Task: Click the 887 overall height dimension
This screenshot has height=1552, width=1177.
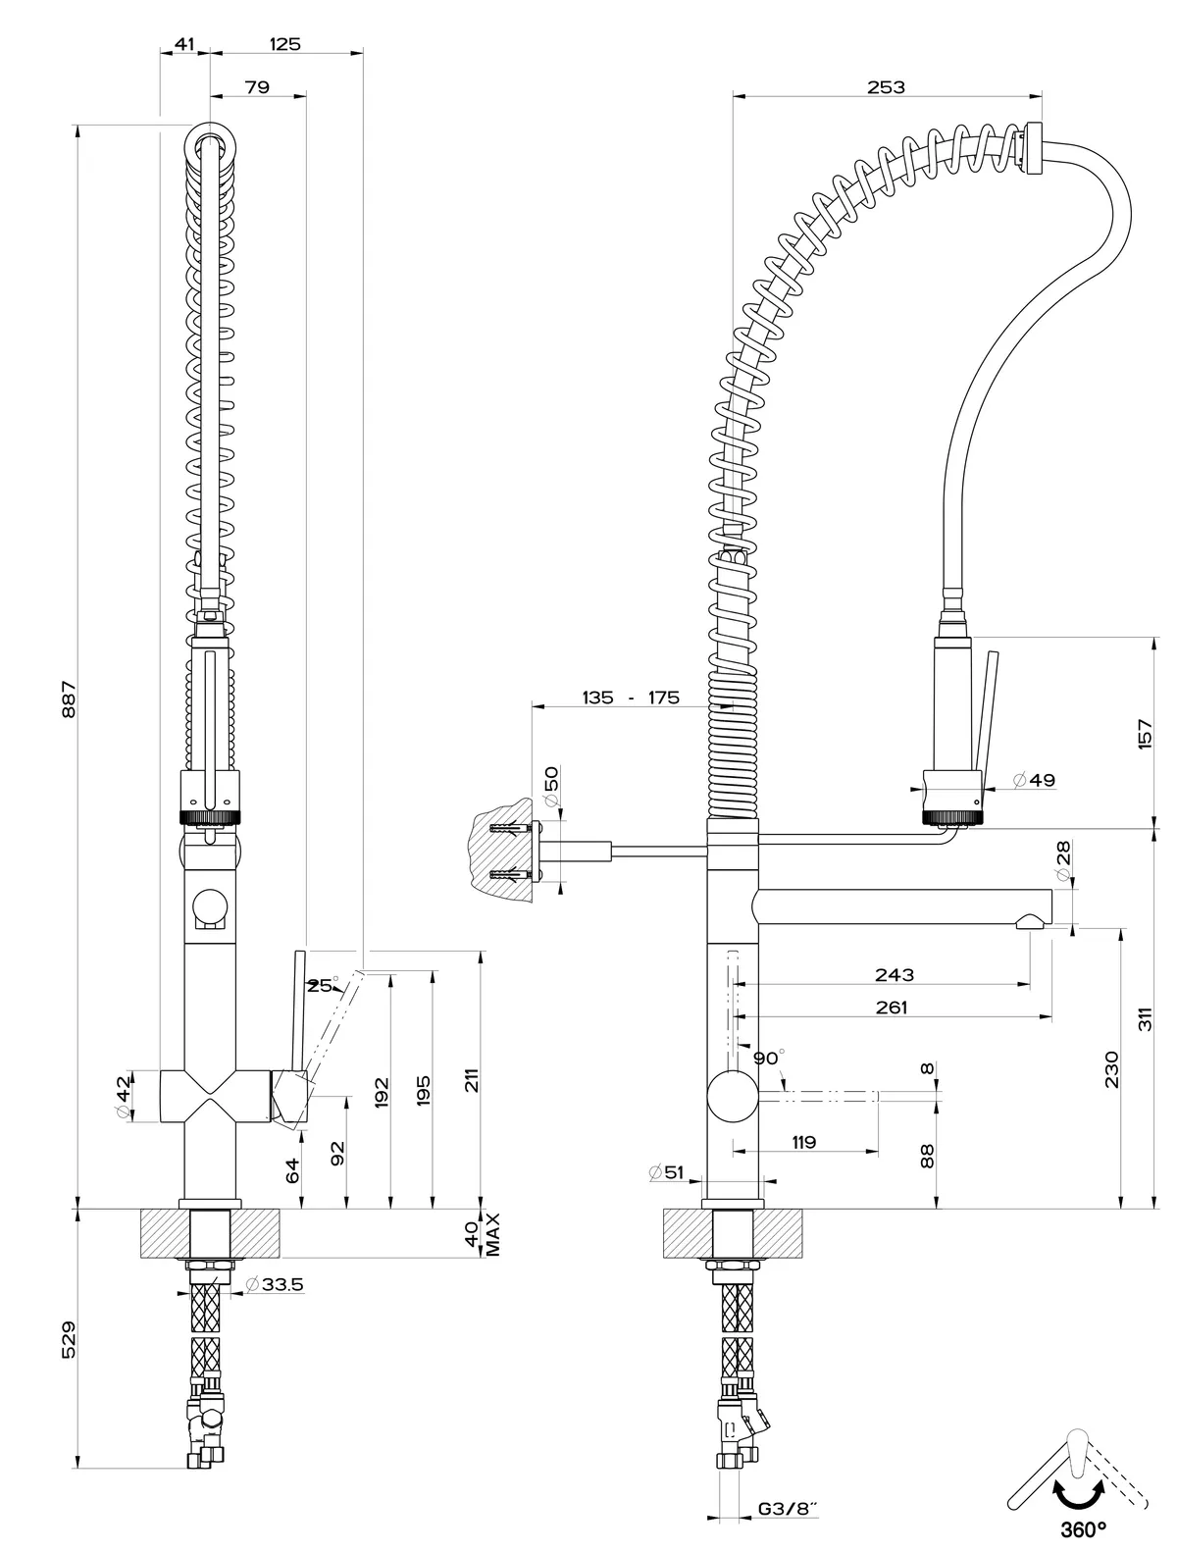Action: (x=68, y=698)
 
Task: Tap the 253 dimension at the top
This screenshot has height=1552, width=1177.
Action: (x=886, y=87)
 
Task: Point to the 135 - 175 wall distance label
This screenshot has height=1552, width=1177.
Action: (x=631, y=698)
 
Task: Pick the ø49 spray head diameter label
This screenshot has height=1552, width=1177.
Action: (x=1034, y=780)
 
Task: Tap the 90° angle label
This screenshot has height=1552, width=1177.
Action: (x=769, y=1059)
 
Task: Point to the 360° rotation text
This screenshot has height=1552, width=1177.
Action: (x=1083, y=1527)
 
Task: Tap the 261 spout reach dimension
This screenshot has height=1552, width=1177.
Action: (x=892, y=1007)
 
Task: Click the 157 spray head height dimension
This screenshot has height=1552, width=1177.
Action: (x=1145, y=733)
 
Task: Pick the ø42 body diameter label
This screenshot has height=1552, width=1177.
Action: (x=123, y=1096)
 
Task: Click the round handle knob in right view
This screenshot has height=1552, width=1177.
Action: (x=732, y=1097)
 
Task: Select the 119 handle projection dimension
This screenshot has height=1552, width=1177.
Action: (x=804, y=1142)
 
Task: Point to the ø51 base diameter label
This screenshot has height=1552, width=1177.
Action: (x=666, y=1171)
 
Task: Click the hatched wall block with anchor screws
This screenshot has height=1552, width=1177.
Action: (x=503, y=849)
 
